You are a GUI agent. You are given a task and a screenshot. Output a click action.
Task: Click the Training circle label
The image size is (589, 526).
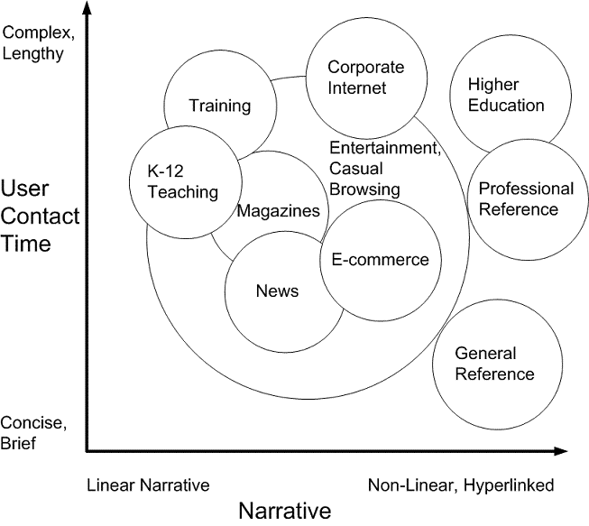coord(219,106)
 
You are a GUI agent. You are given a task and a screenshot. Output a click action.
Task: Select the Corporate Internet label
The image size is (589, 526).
coord(365,78)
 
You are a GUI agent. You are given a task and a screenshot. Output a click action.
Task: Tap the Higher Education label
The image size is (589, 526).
coord(506,95)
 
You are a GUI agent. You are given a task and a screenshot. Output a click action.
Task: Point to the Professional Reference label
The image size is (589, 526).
coord(526,198)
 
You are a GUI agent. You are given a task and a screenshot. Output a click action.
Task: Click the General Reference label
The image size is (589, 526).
coord(494,364)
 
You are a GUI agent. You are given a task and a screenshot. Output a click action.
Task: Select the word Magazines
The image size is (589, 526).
coord(278,211)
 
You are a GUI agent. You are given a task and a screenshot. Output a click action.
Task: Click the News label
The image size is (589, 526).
coord(277,291)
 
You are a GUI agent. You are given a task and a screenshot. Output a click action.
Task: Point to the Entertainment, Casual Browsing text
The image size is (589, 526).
coord(383,169)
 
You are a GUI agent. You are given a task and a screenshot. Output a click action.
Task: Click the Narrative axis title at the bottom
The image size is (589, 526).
coord(285,511)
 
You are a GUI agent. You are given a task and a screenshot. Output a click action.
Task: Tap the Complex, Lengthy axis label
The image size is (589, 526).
coord(34,42)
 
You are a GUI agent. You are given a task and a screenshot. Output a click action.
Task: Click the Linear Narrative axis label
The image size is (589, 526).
coord(148,485)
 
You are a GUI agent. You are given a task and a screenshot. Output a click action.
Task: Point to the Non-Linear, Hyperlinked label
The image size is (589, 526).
coord(461,485)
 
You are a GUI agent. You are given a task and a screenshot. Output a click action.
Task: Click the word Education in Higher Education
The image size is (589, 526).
coord(506,105)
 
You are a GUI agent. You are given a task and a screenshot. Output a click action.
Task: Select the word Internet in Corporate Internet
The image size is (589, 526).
coord(356,88)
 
